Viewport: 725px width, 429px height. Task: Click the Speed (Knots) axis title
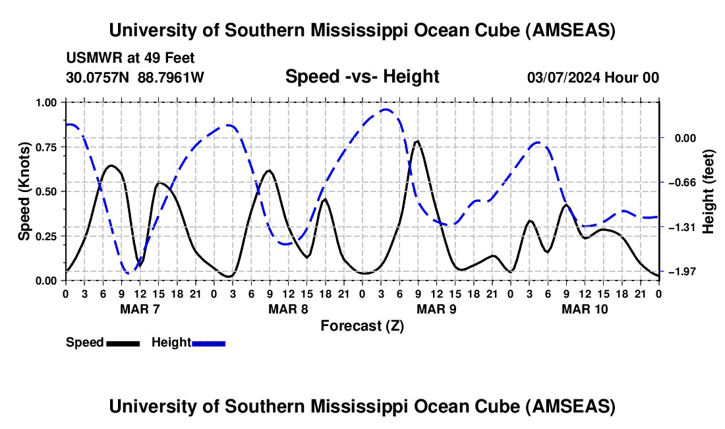click(24, 191)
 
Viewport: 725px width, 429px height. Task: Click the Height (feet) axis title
click(708, 191)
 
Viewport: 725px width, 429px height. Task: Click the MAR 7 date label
click(140, 309)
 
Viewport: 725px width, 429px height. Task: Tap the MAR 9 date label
click(437, 309)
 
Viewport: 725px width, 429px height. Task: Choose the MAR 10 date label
click(585, 309)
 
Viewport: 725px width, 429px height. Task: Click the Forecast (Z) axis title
click(362, 325)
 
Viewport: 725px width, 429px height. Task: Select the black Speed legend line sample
click(123, 343)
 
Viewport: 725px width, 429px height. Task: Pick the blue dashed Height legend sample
click(208, 343)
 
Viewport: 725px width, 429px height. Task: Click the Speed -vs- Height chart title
click(362, 77)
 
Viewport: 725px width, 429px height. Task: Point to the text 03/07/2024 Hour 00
click(593, 77)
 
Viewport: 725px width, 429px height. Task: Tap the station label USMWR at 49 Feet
click(130, 58)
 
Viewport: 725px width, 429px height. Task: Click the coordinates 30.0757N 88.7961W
click(135, 77)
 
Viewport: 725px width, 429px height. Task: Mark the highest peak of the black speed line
click(417, 141)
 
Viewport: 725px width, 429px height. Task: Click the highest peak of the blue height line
click(386, 110)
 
